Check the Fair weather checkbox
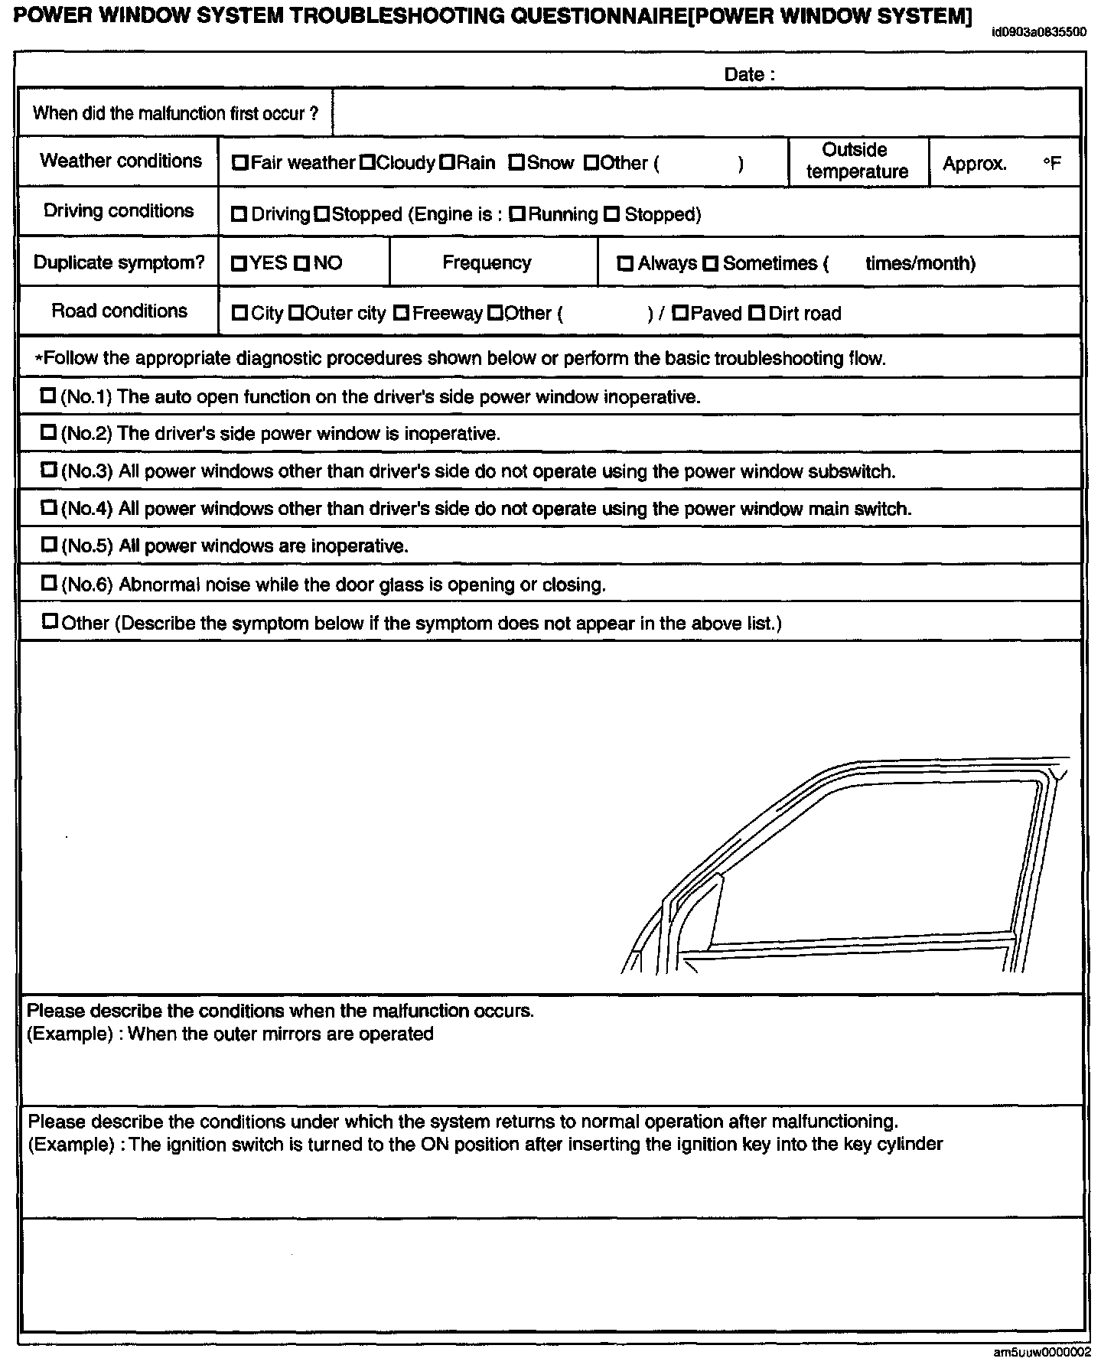(240, 163)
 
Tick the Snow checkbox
(516, 163)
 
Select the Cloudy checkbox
(367, 163)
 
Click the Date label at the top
(749, 75)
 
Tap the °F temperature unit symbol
(1052, 164)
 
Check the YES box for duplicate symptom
(239, 264)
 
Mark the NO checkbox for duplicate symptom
(302, 264)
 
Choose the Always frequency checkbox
(626, 264)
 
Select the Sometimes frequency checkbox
(711, 264)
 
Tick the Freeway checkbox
(401, 313)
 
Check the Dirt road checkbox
(757, 313)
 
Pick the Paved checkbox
(679, 313)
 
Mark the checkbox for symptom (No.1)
(49, 396)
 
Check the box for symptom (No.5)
(49, 545)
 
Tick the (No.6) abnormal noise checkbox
(49, 583)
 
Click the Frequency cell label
(487, 263)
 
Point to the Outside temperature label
(857, 161)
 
